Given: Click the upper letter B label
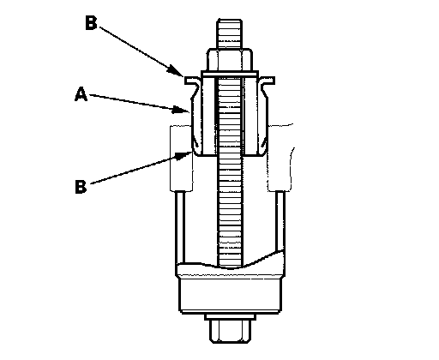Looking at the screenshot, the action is coord(91,22).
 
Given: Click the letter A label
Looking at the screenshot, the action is coord(81,94).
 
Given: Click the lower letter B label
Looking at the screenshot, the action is coord(81,187).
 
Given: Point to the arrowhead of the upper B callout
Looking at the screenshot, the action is coord(176,71).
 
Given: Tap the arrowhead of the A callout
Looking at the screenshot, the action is coord(181,110).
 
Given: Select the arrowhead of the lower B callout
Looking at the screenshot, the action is coord(183,156).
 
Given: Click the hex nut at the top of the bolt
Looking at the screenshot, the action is coord(230,59).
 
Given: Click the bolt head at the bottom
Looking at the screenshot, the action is coord(231,331).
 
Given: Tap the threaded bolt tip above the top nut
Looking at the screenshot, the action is coord(230,33).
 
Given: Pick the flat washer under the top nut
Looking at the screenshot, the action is coord(230,74).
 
